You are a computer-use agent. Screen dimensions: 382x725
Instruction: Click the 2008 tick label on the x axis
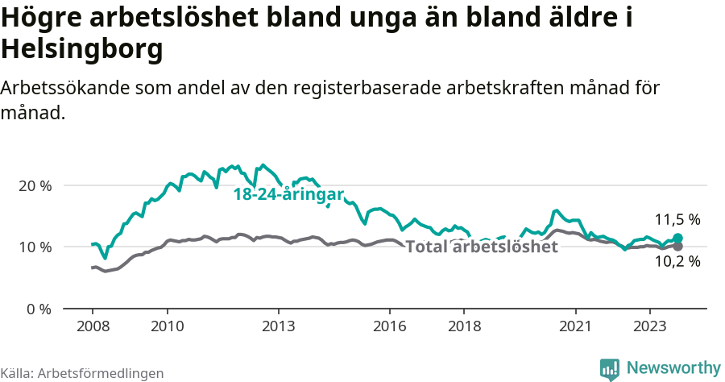92,326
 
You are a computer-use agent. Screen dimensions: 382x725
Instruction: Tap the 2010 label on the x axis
167,326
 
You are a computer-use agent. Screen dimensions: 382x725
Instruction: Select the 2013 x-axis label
279,326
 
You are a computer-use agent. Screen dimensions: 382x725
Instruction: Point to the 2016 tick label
390,326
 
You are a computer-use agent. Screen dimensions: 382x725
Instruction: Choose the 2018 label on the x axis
465,326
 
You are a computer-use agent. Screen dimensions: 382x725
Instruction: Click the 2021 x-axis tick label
576,326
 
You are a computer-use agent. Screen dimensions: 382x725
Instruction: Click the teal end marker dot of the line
677,239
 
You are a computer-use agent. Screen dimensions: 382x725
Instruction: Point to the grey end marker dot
677,246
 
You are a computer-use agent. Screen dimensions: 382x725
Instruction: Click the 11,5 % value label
677,219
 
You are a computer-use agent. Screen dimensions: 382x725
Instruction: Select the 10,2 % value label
677,261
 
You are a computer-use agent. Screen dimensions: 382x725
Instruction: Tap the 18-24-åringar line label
288,194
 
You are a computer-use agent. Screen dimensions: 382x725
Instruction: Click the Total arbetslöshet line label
481,247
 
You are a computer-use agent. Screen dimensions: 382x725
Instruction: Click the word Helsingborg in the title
82,49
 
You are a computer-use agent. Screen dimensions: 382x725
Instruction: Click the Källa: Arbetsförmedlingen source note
82,373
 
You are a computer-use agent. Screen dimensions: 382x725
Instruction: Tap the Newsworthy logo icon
610,369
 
